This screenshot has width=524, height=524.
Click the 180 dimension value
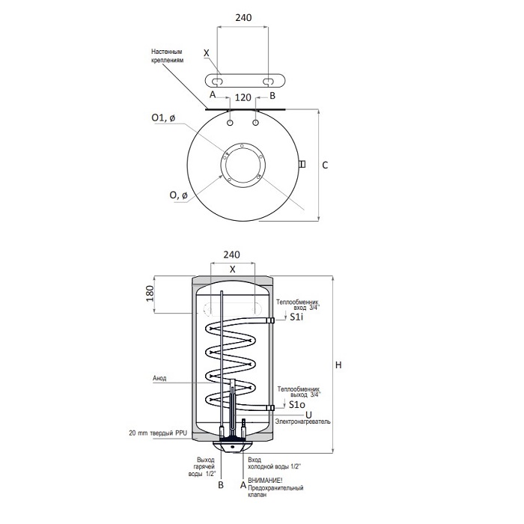[150, 293]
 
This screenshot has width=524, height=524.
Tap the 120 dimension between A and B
[243, 97]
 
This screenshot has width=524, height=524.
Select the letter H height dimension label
[338, 365]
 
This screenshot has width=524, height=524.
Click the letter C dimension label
[325, 165]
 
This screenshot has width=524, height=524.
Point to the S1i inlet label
[296, 317]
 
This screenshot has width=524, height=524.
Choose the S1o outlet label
[297, 405]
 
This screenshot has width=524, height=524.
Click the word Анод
[159, 378]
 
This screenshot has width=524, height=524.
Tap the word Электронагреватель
[302, 421]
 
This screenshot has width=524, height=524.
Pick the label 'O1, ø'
[163, 118]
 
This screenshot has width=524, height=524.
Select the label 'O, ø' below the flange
[178, 195]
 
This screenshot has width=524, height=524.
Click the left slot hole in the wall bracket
[218, 81]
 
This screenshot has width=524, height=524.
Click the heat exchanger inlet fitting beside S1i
[270, 321]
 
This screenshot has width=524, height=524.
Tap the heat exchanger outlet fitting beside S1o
[270, 408]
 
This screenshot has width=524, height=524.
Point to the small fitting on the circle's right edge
[302, 164]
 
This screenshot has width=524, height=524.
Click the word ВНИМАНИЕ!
[265, 481]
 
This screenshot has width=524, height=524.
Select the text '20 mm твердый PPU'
[158, 433]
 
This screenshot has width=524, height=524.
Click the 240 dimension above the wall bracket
[243, 18]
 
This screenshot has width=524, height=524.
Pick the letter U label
[308, 415]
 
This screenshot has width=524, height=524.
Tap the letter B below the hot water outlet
[221, 485]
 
